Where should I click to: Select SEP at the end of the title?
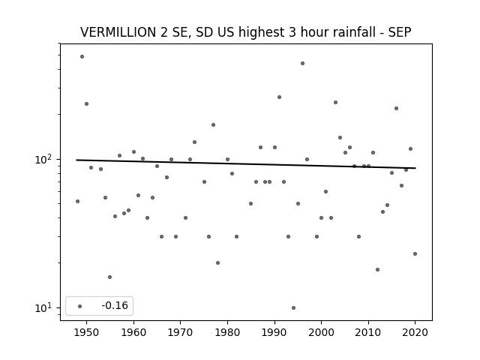(x=400, y=32)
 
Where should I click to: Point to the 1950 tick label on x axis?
(x=87, y=332)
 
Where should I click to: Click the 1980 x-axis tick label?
(x=227, y=332)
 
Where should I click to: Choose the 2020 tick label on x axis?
(x=415, y=332)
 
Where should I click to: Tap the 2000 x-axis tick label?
(x=322, y=332)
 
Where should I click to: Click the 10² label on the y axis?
(x=43, y=159)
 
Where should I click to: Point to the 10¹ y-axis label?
(x=43, y=307)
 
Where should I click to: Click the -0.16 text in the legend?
(x=115, y=305)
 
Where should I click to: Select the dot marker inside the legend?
(x=80, y=306)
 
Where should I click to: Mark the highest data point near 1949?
(x=82, y=57)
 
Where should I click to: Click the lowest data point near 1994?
(x=293, y=307)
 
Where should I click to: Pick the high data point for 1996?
(x=302, y=63)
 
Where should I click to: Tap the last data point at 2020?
(x=415, y=253)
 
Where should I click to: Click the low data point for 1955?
(x=110, y=277)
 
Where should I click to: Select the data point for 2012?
(x=377, y=270)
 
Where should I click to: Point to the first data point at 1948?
(x=77, y=201)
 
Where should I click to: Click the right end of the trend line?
(x=415, y=168)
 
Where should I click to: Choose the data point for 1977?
(x=213, y=125)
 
